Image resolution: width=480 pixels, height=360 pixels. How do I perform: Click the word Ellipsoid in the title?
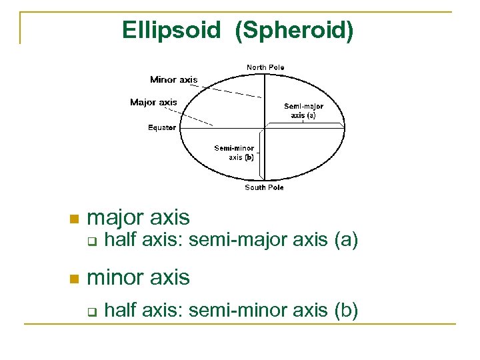click(x=171, y=30)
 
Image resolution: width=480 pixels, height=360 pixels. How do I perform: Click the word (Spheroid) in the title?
click(x=294, y=30)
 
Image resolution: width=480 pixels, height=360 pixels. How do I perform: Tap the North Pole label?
click(x=265, y=67)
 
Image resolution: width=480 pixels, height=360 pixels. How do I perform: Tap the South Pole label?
click(x=264, y=187)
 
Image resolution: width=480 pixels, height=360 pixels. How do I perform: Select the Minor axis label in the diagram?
click(x=173, y=80)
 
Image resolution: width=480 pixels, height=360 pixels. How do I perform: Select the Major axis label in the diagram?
click(x=153, y=102)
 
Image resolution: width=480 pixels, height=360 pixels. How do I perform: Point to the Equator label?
click(x=162, y=127)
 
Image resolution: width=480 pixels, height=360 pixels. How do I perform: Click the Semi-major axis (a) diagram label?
click(x=303, y=111)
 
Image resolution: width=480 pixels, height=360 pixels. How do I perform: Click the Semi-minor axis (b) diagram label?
click(x=234, y=153)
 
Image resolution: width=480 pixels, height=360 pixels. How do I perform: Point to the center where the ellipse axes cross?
click(x=265, y=127)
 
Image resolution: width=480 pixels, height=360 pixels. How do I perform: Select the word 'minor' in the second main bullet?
click(x=115, y=277)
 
